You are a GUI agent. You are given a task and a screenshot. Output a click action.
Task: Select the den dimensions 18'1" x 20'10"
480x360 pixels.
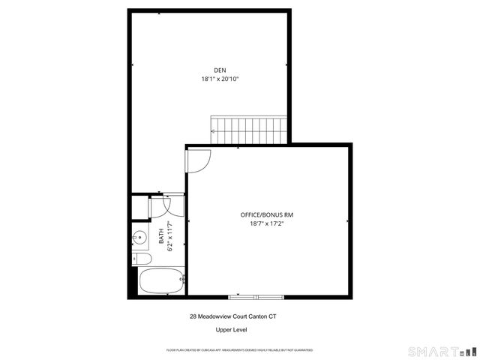coord(220,79)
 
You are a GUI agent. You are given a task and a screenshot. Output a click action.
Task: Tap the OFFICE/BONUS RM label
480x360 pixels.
coord(261,214)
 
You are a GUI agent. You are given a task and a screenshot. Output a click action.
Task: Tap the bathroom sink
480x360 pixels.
coord(140,238)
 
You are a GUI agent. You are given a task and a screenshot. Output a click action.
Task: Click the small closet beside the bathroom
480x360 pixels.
coord(139,205)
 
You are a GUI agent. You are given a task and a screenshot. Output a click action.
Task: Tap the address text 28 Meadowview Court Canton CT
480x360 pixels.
coord(238,316)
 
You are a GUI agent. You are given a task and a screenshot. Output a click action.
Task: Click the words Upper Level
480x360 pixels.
coord(232,329)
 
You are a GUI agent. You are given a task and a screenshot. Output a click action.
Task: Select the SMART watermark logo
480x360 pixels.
coord(442,351)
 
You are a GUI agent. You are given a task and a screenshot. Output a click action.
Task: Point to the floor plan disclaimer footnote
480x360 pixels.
coord(240,350)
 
